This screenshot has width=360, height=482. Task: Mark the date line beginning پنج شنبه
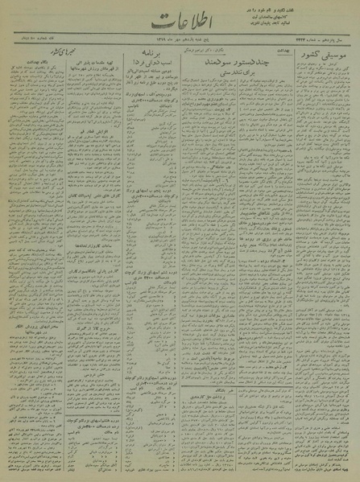(177, 50)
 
